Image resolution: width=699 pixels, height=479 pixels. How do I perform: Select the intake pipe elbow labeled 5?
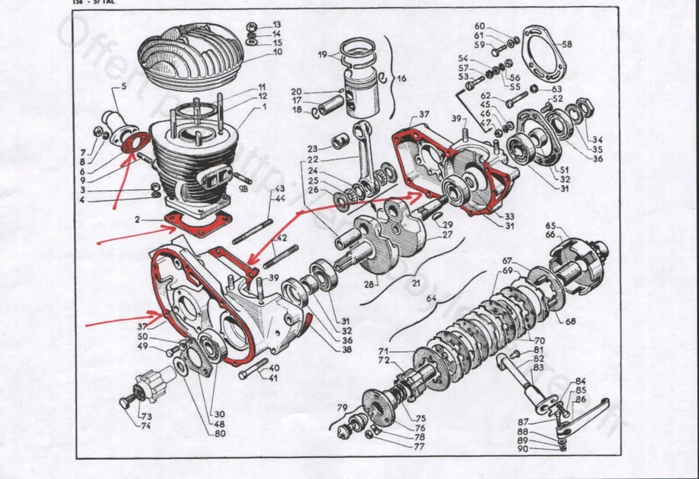[x=119, y=117]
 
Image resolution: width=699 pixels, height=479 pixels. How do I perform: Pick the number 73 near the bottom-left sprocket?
[x=146, y=416]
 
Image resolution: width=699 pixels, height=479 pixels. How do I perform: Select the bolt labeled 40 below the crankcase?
[x=253, y=372]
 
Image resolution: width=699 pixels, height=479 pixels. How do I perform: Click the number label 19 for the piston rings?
[x=323, y=55]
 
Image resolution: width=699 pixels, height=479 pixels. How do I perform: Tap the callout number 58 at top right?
[x=566, y=44]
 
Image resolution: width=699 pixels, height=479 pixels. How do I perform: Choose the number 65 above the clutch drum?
[x=550, y=226]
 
